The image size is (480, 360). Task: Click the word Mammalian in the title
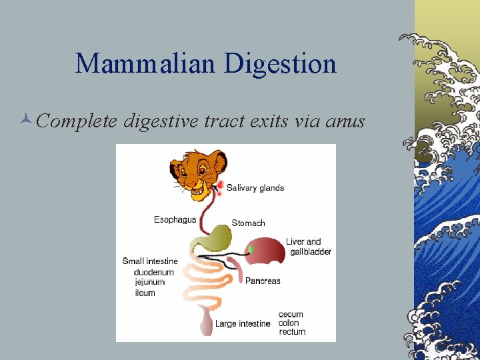point(145,64)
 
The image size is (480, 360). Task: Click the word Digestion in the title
point(280,64)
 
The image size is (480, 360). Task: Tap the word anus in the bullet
point(343,121)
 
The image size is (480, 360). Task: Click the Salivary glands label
point(255,188)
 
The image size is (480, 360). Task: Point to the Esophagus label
point(175,219)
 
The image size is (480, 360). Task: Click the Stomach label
point(248,223)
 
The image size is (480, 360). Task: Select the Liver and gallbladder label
point(308,247)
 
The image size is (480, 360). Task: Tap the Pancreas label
point(263,281)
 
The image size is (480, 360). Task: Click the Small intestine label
point(150,261)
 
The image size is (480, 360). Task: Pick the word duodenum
point(154,272)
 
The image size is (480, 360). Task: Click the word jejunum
point(150,282)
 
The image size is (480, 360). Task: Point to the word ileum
point(145,293)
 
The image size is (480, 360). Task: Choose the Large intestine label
point(243,324)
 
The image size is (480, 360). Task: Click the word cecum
point(291,315)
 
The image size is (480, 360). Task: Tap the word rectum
point(292,331)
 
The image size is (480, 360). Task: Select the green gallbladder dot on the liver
point(251,249)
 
